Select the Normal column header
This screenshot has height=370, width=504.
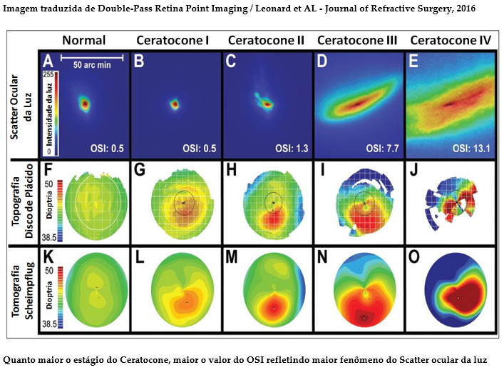83,40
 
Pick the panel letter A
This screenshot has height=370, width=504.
50,61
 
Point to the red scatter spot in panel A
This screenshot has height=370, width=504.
85,104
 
